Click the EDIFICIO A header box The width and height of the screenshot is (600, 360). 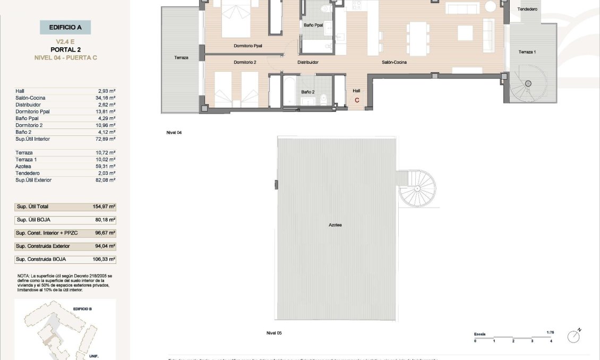pos(65,27)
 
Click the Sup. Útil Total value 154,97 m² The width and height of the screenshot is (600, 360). pos(104,206)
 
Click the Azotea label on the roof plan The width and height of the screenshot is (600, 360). pos(335,225)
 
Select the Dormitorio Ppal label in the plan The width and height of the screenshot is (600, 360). pos(248,46)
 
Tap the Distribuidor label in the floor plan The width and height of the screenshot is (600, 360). pos(307,62)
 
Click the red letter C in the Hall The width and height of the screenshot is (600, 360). pos(357,100)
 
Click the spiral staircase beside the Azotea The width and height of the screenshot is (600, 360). pos(417,188)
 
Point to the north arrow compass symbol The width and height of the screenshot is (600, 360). pos(573,336)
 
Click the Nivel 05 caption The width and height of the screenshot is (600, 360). pos(274,333)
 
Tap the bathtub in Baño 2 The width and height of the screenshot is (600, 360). pos(290,92)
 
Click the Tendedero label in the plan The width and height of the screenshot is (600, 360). pos(527,9)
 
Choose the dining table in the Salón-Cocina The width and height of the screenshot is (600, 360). pos(419,38)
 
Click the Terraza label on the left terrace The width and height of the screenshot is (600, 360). pos(181,57)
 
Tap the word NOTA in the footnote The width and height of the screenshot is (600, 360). pos(23,276)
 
